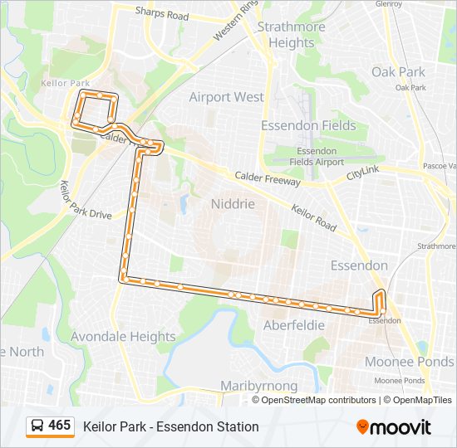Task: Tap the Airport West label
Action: pos(226,97)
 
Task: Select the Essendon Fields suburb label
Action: pos(308,126)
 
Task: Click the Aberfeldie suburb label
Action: pos(293,325)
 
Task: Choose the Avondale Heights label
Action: pos(123,337)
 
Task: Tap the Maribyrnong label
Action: pos(258,387)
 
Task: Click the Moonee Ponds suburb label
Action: pos(410,362)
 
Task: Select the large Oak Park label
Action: pos(399,72)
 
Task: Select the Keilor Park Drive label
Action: pos(86,200)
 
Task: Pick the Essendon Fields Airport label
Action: pos(318,157)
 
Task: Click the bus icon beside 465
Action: pos(37,426)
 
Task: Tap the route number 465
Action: pos(60,426)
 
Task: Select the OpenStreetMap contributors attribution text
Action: pos(318,400)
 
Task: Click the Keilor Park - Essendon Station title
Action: pos(171,426)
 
